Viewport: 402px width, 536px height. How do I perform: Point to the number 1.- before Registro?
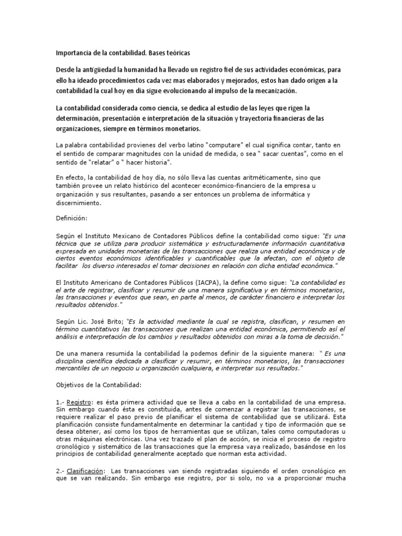(x=62, y=402)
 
